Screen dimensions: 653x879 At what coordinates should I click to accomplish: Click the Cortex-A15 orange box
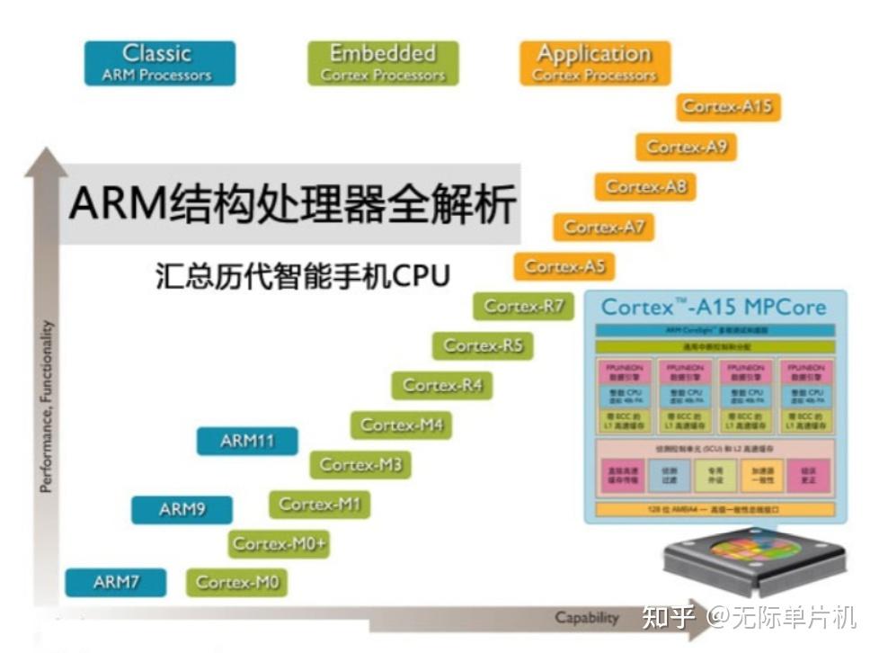(727, 106)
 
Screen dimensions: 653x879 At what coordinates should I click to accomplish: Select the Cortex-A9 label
(686, 147)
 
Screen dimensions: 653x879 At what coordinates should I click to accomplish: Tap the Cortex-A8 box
(645, 186)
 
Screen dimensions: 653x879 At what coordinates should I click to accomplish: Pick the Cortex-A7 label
(604, 227)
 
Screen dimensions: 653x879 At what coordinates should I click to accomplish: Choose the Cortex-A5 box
(564, 266)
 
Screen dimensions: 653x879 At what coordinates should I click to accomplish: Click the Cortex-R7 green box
(523, 306)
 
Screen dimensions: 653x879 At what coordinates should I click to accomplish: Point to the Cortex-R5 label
(483, 345)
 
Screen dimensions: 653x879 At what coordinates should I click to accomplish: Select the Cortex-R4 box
(442, 385)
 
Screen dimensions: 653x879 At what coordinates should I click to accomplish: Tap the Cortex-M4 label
(401, 425)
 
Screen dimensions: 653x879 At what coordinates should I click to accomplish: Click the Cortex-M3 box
(360, 464)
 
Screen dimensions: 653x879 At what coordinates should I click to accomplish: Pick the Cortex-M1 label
(319, 504)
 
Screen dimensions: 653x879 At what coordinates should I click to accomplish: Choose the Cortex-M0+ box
(279, 543)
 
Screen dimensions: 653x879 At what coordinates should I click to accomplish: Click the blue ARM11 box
(247, 441)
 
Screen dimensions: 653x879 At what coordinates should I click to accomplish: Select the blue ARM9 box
(182, 509)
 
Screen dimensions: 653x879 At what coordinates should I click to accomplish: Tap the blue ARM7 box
(116, 582)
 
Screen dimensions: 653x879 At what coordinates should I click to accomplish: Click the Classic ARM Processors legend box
(159, 63)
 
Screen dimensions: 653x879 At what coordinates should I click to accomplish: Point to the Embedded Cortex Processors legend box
(382, 63)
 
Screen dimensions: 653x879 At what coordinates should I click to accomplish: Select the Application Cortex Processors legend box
(594, 63)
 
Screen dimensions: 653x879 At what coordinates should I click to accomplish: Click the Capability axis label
(586, 617)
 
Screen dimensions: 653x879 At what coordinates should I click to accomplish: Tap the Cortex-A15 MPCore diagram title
(713, 307)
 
